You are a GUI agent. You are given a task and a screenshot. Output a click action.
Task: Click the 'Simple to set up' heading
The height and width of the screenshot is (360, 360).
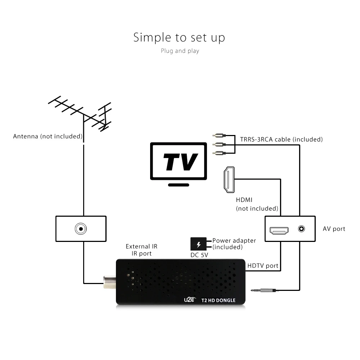(x=179, y=38)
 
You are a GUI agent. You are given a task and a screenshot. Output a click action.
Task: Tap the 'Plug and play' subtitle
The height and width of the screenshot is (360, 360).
(x=180, y=51)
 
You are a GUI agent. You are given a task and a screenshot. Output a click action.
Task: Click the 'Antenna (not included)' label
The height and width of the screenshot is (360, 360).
(x=48, y=136)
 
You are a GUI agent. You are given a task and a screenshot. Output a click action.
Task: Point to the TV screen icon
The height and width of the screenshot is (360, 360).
(x=179, y=161)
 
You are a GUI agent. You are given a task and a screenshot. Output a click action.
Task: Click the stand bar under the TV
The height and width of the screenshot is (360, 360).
(x=179, y=185)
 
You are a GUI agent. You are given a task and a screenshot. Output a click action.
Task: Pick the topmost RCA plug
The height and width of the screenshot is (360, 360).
(x=219, y=135)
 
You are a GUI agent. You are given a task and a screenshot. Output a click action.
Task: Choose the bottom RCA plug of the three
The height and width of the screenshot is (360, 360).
(x=219, y=153)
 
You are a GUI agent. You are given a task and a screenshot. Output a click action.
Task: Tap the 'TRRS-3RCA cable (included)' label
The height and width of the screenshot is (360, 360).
(x=281, y=139)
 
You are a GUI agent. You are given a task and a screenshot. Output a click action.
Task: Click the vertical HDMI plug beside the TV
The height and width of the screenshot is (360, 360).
(x=229, y=180)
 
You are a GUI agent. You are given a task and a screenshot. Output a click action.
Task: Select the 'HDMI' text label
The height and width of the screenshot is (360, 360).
(x=244, y=200)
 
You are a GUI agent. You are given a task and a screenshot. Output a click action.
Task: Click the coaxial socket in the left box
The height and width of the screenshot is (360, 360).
(x=81, y=229)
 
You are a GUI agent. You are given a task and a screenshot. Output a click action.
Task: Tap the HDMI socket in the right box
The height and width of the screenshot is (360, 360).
(x=279, y=230)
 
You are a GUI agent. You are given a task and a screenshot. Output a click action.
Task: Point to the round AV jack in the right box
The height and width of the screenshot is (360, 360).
(x=301, y=229)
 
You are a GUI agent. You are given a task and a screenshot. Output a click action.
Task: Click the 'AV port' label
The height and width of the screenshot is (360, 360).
(x=334, y=229)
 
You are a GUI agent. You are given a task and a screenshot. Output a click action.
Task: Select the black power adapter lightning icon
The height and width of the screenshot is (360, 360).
(x=199, y=244)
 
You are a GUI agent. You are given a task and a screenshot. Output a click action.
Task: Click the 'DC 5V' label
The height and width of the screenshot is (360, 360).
(x=199, y=255)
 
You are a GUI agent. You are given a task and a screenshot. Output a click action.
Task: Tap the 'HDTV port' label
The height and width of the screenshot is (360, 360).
(x=263, y=266)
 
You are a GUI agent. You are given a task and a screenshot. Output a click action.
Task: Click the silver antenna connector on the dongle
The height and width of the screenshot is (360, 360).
(x=110, y=282)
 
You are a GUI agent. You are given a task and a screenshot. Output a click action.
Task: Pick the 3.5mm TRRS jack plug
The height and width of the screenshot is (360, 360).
(x=264, y=291)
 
